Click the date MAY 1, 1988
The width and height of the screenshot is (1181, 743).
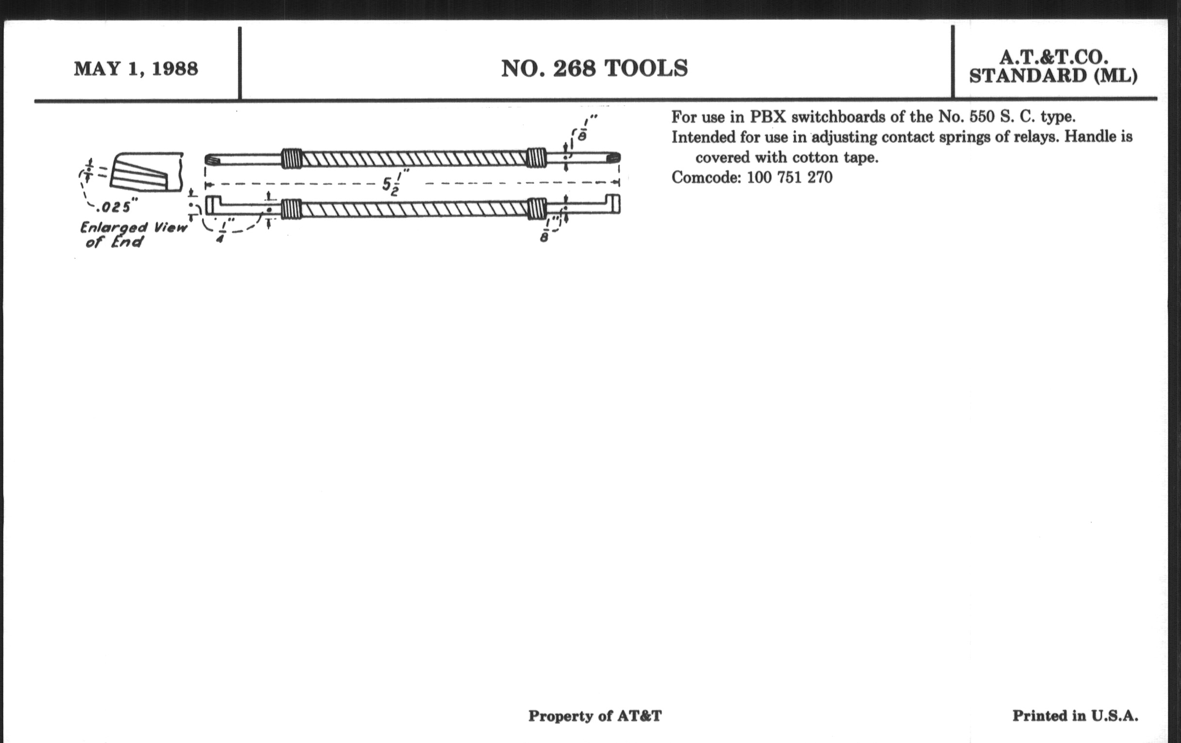click(x=136, y=68)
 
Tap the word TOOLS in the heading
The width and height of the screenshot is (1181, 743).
click(x=646, y=68)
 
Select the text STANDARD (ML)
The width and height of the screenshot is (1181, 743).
click(x=1053, y=76)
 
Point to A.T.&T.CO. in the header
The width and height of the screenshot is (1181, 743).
click(x=1053, y=57)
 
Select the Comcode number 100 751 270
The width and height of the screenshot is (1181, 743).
click(x=790, y=177)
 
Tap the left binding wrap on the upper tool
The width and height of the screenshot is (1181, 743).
click(x=291, y=158)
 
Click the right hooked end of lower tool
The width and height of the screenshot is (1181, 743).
click(x=613, y=204)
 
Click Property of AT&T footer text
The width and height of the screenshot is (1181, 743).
click(x=595, y=716)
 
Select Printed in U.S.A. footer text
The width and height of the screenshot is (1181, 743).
click(x=1075, y=716)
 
